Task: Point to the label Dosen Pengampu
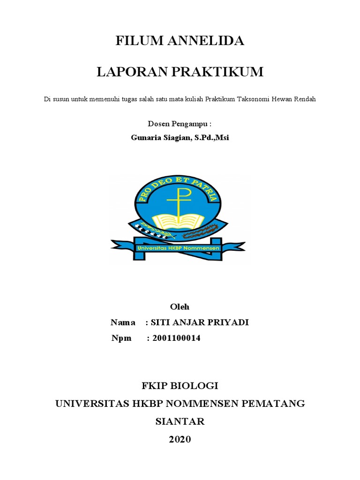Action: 180,124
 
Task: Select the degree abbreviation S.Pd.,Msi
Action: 211,138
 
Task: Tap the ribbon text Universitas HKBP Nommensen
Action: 178,247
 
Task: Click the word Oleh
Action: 180,307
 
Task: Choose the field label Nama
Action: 123,322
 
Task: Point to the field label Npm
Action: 121,338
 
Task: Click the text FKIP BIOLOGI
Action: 180,386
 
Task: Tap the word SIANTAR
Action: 180,421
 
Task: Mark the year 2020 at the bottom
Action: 180,439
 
